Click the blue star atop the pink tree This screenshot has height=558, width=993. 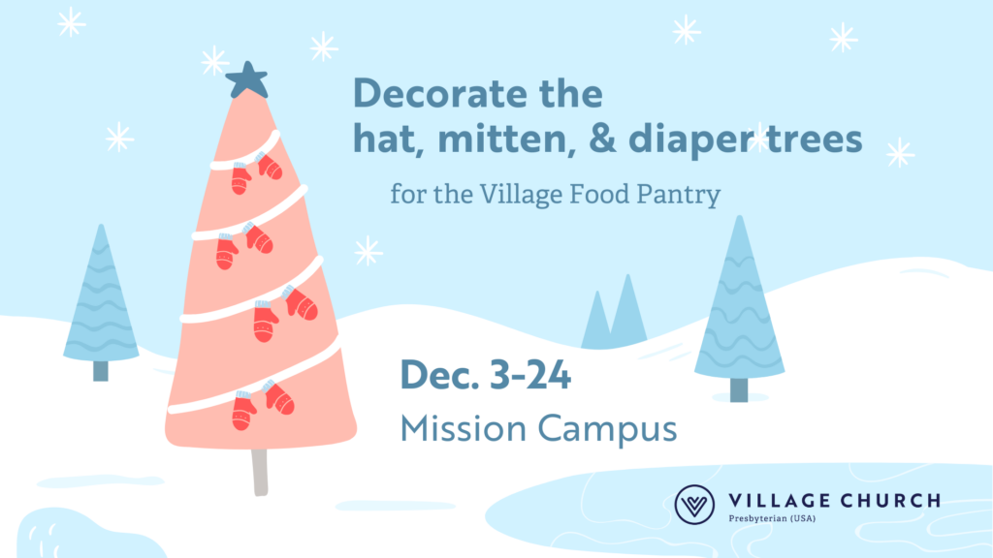pyautogui.click(x=247, y=80)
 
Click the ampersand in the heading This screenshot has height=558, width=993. pyautogui.click(x=602, y=139)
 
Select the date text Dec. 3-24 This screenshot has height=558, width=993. pyautogui.click(x=486, y=375)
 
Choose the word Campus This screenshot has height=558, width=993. pyautogui.click(x=607, y=430)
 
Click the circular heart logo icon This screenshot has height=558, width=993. pyautogui.click(x=694, y=505)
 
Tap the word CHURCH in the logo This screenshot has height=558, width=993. pyautogui.click(x=890, y=501)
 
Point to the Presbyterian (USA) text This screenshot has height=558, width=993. pyautogui.click(x=772, y=519)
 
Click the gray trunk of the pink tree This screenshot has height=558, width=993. pyautogui.click(x=260, y=472)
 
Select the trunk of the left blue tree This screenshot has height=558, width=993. pyautogui.click(x=101, y=371)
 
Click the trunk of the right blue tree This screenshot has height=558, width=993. pyautogui.click(x=739, y=389)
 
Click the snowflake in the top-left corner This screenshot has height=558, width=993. pyautogui.click(x=71, y=22)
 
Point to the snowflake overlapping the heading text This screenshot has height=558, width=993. pyautogui.click(x=759, y=138)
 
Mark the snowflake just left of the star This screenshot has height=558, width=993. pyautogui.click(x=214, y=61)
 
